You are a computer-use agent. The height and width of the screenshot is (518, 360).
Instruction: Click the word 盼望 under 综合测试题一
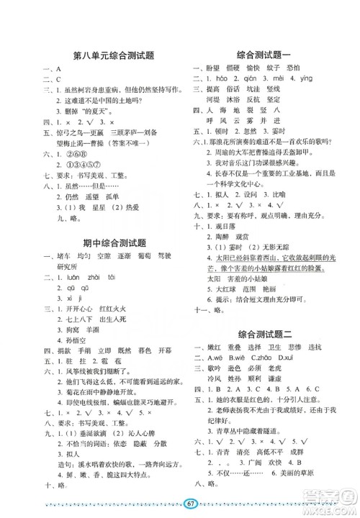point(214,68)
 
